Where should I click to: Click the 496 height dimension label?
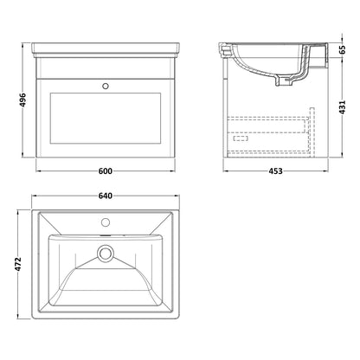coord(22,100)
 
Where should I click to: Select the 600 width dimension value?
coord(106,171)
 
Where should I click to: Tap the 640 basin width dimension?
coord(106,196)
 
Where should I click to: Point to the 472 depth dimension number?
coord(18,264)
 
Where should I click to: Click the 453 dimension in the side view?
coord(276,171)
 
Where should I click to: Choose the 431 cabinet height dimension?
coord(342,107)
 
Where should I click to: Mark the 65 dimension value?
coord(342,49)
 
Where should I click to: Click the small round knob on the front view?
coord(106,86)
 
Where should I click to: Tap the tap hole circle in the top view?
coord(106,222)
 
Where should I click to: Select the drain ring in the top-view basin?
coord(106,254)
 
